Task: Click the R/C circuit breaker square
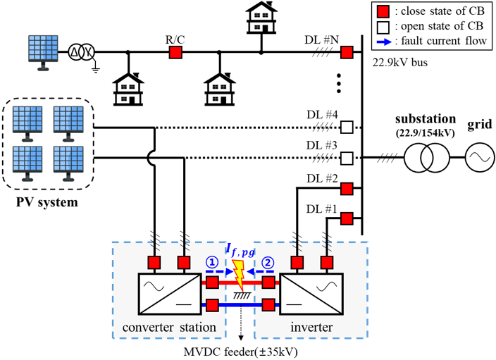pyautogui.click(x=175, y=52)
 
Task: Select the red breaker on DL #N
pyautogui.click(x=347, y=52)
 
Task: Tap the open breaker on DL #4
pyautogui.click(x=347, y=128)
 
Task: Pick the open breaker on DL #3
pyautogui.click(x=347, y=158)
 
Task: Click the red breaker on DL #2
pyautogui.click(x=347, y=189)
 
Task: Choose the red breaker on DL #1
pyautogui.click(x=347, y=218)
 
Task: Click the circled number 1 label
pyautogui.click(x=212, y=262)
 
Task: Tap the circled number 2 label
pyautogui.click(x=268, y=262)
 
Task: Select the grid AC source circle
pyautogui.click(x=480, y=158)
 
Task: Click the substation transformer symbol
pyautogui.click(x=426, y=158)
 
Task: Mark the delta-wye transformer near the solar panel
pyautogui.click(x=81, y=52)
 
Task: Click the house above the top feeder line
pyautogui.click(x=261, y=18)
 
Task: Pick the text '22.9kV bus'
pyautogui.click(x=400, y=63)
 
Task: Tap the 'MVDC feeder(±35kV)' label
pyautogui.click(x=241, y=352)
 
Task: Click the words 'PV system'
pyautogui.click(x=46, y=202)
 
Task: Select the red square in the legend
pyautogui.click(x=383, y=12)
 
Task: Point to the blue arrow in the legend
pyautogui.click(x=385, y=42)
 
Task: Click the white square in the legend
pyautogui.click(x=383, y=27)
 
